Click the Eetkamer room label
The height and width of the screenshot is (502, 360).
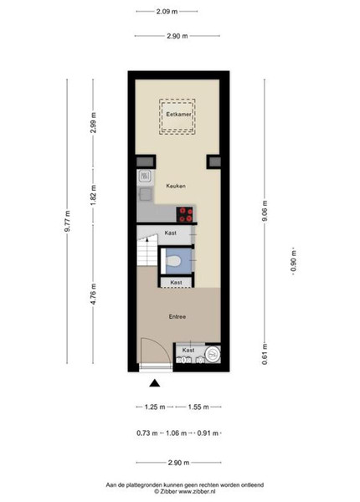tap(178, 115)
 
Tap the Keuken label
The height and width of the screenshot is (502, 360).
tap(176, 186)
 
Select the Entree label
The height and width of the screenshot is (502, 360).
tap(177, 316)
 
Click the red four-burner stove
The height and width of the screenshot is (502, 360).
tap(185, 214)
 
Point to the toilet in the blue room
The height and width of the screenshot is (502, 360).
tap(173, 260)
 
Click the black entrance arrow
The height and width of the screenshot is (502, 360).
tap(155, 383)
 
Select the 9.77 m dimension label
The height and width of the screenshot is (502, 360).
tap(67, 221)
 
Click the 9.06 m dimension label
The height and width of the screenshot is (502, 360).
tap(265, 210)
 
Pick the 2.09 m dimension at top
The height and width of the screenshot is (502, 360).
tap(167, 12)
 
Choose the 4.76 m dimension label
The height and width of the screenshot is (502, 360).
tap(93, 294)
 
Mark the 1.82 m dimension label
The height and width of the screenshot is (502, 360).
tap(93, 196)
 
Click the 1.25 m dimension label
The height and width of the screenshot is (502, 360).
tap(155, 407)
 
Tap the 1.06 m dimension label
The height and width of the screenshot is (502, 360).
tap(176, 433)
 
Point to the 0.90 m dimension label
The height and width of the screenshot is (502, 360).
tap(293, 261)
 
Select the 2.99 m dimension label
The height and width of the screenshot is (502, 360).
tap(93, 123)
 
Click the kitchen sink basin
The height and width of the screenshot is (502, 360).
tap(146, 194)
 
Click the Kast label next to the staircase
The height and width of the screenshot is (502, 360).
tap(171, 233)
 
